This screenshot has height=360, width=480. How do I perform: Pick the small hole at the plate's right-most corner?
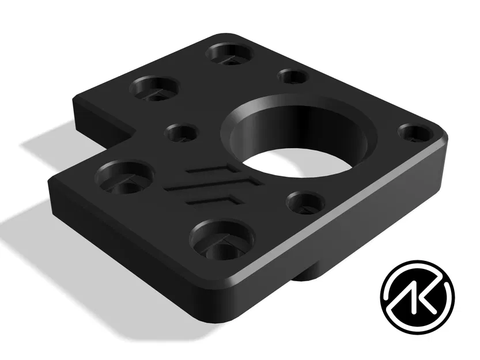415,133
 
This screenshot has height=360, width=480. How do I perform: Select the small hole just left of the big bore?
181,134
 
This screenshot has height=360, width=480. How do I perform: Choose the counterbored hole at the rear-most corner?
229,54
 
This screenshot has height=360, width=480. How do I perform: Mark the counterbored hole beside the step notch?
154,88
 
